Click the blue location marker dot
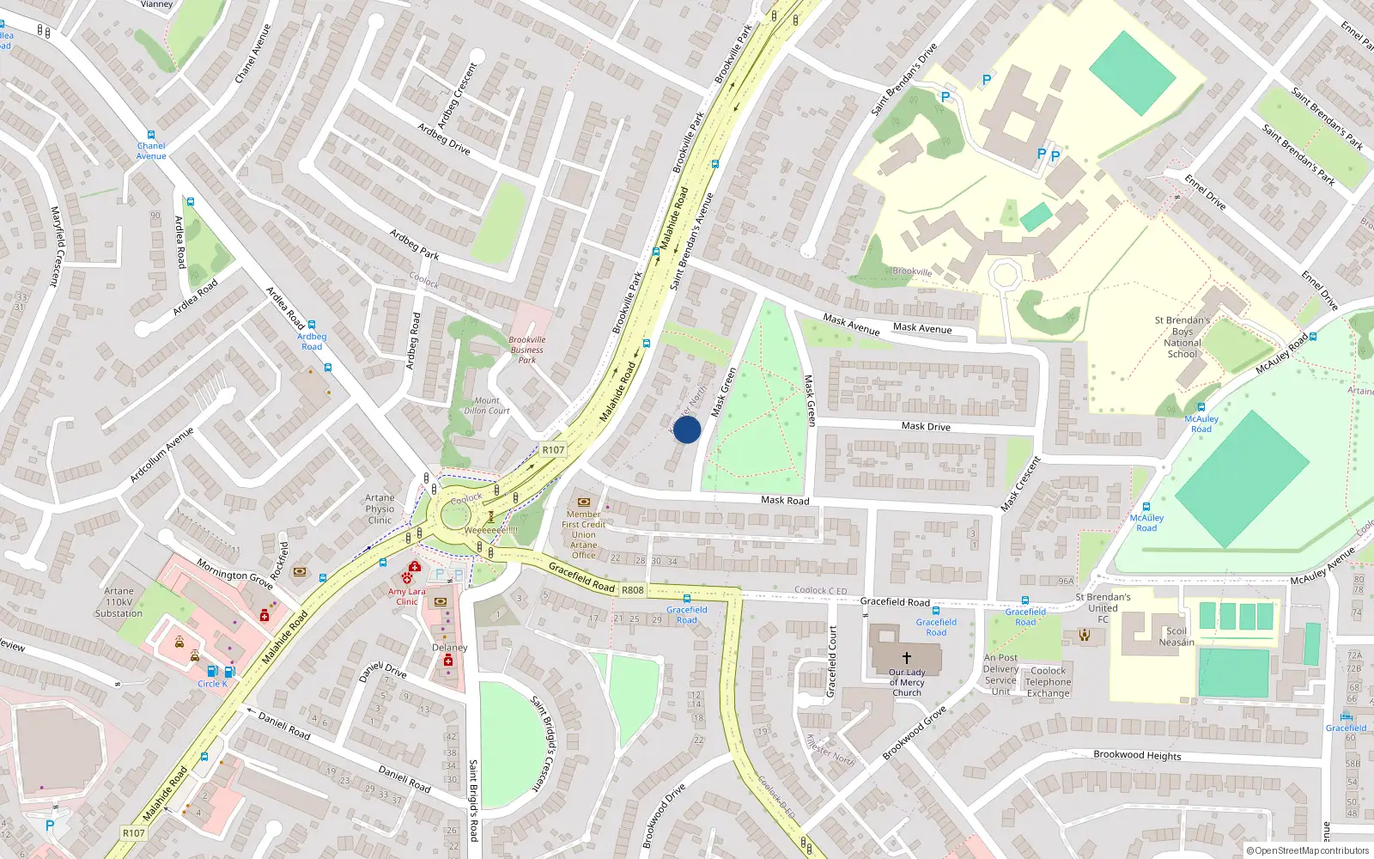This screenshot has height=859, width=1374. pos(687,429)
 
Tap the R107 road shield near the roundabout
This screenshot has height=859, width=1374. pos(553,450)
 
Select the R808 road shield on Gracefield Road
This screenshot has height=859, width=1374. pos(633,590)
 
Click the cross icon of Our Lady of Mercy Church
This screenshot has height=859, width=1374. pos(906,657)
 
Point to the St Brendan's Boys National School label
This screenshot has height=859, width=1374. pos(1182,337)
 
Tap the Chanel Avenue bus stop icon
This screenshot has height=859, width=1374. pos(151,135)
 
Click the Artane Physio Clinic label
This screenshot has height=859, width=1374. pos(380,509)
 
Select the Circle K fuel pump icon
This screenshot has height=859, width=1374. pos(213,671)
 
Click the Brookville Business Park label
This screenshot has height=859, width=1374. pos(527,350)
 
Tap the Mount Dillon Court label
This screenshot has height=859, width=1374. pos(487,405)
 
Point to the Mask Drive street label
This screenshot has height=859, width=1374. pos(926,426)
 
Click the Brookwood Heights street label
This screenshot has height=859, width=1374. pos(1137,755)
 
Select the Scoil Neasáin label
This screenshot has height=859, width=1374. pos(1176,637)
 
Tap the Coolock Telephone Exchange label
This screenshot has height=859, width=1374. pos(1048,682)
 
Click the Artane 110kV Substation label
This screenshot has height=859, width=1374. pos(119,602)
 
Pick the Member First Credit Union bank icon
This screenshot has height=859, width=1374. pos(584,502)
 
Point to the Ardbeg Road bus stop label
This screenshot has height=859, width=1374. pos(312,342)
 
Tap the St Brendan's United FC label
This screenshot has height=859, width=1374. pos(1103,607)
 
